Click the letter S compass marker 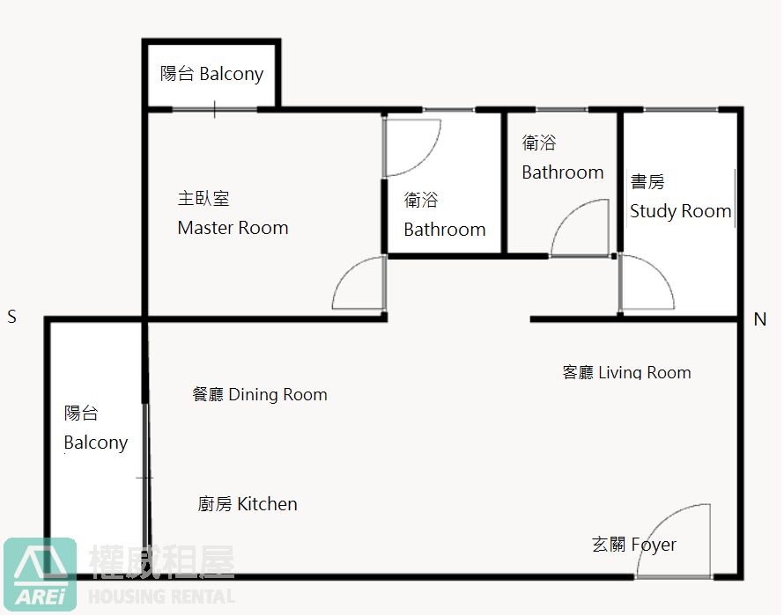pyautogui.click(x=12, y=316)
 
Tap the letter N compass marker pyautogui.click(x=760, y=318)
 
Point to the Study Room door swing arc pyautogui.click(x=660, y=272)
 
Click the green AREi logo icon pyautogui.click(x=40, y=575)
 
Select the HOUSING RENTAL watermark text pyautogui.click(x=161, y=597)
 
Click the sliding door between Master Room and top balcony pyautogui.click(x=215, y=109)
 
